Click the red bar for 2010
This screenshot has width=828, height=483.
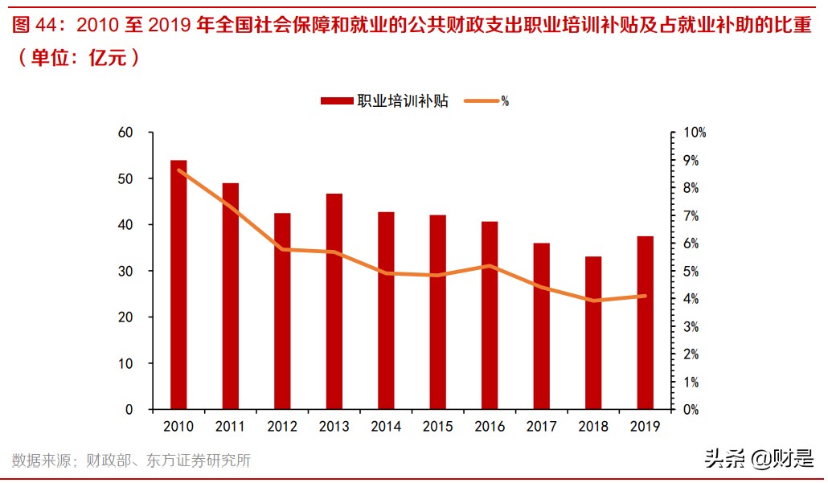pos(178,285)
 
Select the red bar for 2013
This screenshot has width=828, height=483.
pos(334,301)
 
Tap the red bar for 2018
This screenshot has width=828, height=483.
pos(593,333)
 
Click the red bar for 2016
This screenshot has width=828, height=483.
pos(490,315)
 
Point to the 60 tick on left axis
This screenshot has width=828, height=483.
pos(124,133)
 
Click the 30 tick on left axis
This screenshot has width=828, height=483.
pos(124,272)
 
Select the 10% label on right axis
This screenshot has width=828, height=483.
pos(695,133)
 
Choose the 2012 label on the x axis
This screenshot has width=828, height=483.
pos(282,427)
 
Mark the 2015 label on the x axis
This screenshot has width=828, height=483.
pos(437,427)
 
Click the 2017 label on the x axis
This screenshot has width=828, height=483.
pos(541,427)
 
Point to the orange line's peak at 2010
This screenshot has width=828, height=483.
pos(178,170)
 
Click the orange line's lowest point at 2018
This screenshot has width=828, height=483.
pos(593,301)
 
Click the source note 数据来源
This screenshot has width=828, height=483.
pos(40,460)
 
